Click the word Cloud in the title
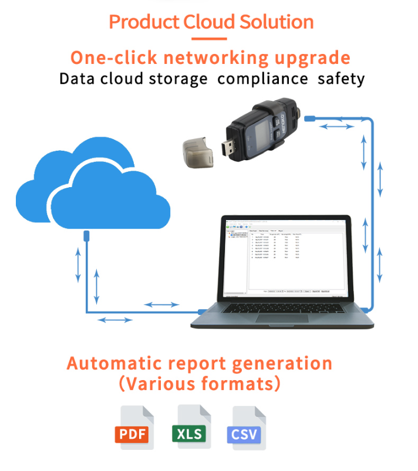click(207, 22)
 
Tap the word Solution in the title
click(275, 22)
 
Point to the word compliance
click(262, 79)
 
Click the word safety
click(341, 79)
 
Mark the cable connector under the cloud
click(86, 236)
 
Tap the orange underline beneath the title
click(209, 39)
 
